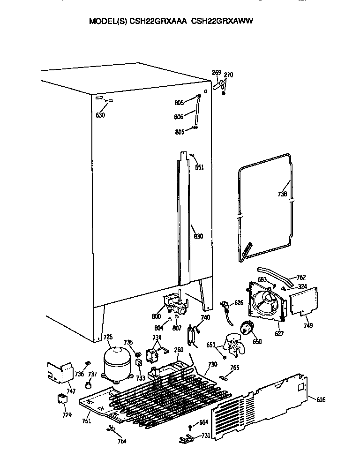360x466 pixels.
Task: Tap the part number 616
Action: [x=321, y=400]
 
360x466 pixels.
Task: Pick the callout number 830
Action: [x=198, y=236]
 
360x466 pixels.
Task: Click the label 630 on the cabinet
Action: [x=100, y=115]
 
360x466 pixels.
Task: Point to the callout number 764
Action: [x=121, y=441]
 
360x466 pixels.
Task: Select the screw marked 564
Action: [x=190, y=428]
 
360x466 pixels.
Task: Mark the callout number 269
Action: [x=216, y=73]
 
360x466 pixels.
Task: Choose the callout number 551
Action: [x=200, y=167]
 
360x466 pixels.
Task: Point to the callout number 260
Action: [x=179, y=350]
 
